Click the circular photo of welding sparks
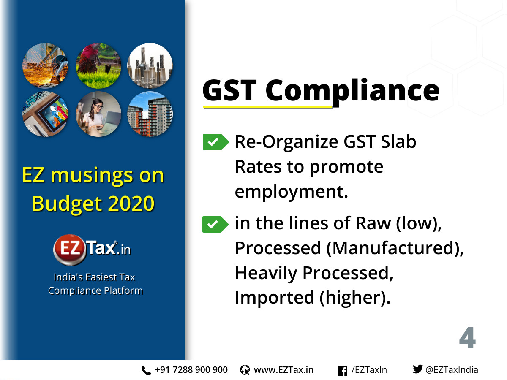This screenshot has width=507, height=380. pyautogui.click(x=45, y=65)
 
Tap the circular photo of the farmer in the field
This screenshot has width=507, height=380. pyautogui.click(x=98, y=65)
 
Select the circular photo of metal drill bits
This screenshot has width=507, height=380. pyautogui.click(x=150, y=65)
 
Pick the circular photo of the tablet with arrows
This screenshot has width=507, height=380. pyautogui.click(x=45, y=114)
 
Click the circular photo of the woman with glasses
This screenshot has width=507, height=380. pyautogui.click(x=98, y=114)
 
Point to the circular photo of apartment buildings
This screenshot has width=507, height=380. pyautogui.click(x=150, y=114)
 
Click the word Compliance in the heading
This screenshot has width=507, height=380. pyautogui.click(x=352, y=91)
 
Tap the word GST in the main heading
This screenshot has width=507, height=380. pyautogui.click(x=229, y=90)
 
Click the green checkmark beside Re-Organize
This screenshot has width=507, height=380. pyautogui.click(x=215, y=142)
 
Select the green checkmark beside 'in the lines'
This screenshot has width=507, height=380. pyautogui.click(x=215, y=224)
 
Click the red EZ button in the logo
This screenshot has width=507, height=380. pyautogui.click(x=69, y=249)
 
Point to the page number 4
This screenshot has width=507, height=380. pyautogui.click(x=467, y=337)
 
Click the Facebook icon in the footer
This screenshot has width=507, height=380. pyautogui.click(x=343, y=371)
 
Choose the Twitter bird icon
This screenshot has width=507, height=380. pyautogui.click(x=418, y=369)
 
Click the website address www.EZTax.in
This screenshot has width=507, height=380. pyautogui.click(x=283, y=370)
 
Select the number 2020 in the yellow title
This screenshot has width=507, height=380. pyautogui.click(x=131, y=204)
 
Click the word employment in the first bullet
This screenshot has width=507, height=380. pyautogui.click(x=291, y=192)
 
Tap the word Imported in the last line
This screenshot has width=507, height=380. pyautogui.click(x=274, y=298)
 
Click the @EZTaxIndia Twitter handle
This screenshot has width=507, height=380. pyautogui.click(x=452, y=370)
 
